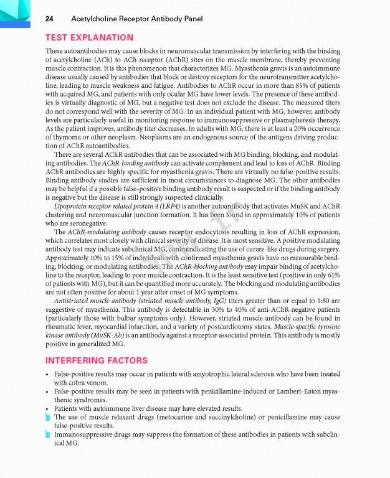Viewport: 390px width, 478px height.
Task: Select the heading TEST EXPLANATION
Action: click(x=89, y=37)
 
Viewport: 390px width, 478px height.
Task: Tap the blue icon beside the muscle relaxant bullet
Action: click(x=48, y=417)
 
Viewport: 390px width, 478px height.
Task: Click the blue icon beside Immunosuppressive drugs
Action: click(x=48, y=434)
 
